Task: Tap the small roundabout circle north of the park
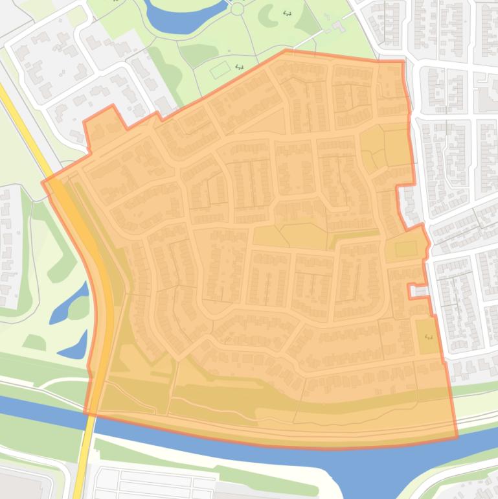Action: pyautogui.click(x=236, y=8)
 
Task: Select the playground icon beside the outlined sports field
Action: pyautogui.click(x=240, y=66)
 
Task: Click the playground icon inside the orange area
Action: pyautogui.click(x=427, y=337)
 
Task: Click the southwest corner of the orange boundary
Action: pyautogui.click(x=85, y=412)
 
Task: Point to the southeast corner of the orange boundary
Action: pyautogui.click(x=456, y=437)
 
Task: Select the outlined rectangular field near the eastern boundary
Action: pyautogui.click(x=406, y=249)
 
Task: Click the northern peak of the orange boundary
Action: pyautogui.click(x=286, y=51)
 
